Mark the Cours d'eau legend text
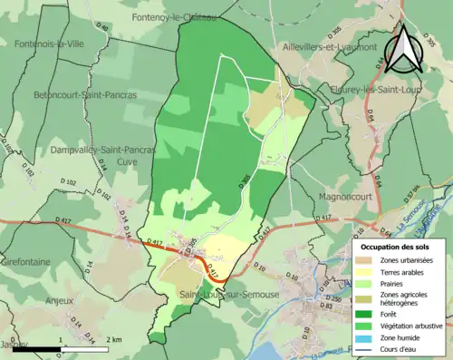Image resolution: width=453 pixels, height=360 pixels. [x=402, y=348]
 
